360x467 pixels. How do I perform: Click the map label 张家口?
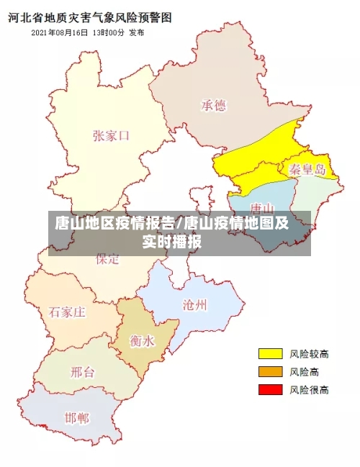[112, 135]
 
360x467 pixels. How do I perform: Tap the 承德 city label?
[213, 106]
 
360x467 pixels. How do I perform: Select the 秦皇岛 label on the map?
[307, 170]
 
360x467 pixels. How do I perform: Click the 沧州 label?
[195, 304]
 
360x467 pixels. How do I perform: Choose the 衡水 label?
[142, 340]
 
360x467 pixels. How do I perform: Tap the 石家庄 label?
[68, 312]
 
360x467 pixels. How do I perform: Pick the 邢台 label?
[83, 372]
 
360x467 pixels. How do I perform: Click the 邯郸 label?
[77, 417]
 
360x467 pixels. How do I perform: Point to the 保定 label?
[108, 260]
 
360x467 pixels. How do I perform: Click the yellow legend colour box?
[270, 353]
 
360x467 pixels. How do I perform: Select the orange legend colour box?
[270, 371]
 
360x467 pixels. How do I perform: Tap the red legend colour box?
[270, 389]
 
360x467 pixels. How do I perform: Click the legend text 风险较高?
[310, 353]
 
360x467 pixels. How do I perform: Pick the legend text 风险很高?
[310, 389]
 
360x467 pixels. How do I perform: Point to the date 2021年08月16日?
[60, 33]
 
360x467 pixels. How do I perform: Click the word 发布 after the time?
[136, 33]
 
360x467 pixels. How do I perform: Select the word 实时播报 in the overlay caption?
[171, 242]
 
